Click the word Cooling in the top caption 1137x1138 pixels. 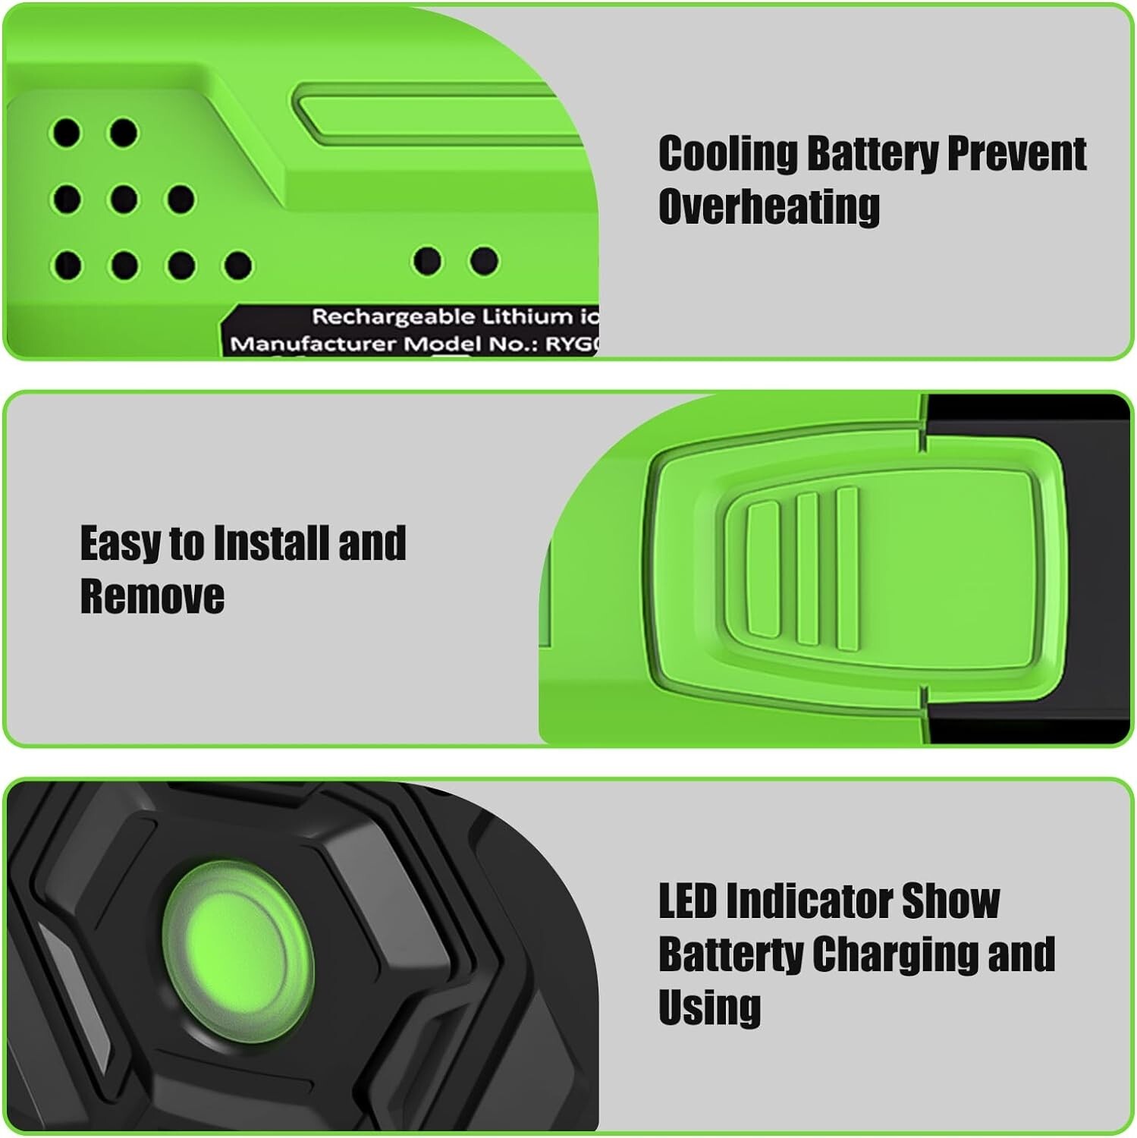(x=727, y=154)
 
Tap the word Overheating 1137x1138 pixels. (x=768, y=206)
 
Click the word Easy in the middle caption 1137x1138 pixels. (x=119, y=544)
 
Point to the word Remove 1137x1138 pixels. (x=152, y=596)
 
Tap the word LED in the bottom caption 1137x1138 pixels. (x=686, y=901)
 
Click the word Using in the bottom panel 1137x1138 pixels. (x=709, y=1008)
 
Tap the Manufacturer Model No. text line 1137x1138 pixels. (x=413, y=344)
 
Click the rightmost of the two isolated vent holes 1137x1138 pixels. (x=483, y=261)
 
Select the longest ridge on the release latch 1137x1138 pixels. (x=846, y=569)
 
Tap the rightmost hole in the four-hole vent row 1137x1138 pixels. (x=237, y=266)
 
